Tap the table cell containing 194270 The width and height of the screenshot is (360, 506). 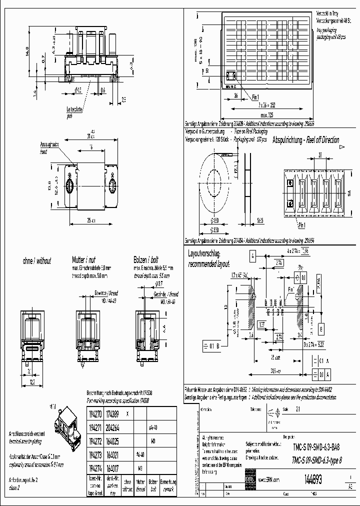(95, 414)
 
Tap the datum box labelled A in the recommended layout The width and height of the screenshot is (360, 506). (253, 255)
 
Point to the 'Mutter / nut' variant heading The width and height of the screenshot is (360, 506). (84, 260)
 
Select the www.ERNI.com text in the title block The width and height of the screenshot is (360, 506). (269, 479)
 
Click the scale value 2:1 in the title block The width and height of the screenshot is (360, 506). (298, 409)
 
